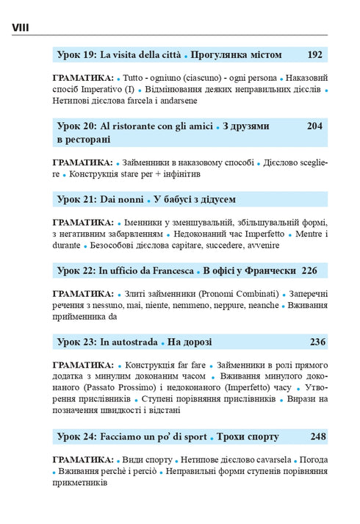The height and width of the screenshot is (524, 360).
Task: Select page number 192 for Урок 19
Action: click(315, 54)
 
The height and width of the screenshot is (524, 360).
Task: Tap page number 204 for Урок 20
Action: click(315, 126)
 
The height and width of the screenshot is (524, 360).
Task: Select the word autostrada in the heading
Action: click(134, 341)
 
